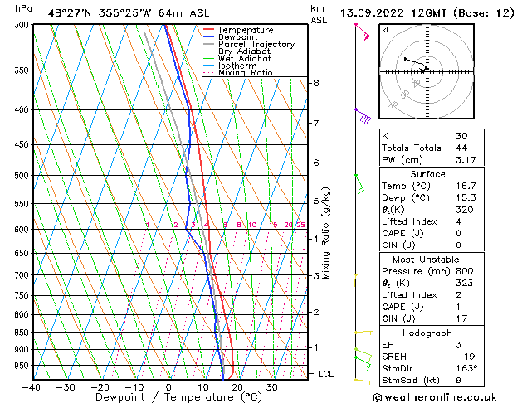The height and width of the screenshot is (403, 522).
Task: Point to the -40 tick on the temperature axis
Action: click(x=32, y=386)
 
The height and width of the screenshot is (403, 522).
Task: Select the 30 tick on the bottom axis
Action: click(x=272, y=386)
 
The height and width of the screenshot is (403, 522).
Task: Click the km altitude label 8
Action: click(x=315, y=83)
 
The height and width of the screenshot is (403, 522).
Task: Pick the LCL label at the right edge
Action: click(x=326, y=374)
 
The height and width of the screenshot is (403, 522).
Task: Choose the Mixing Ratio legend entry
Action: click(x=246, y=73)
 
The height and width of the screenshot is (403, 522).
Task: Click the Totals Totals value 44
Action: click(x=461, y=148)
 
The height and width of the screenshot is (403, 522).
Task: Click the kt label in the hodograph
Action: click(x=386, y=30)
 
